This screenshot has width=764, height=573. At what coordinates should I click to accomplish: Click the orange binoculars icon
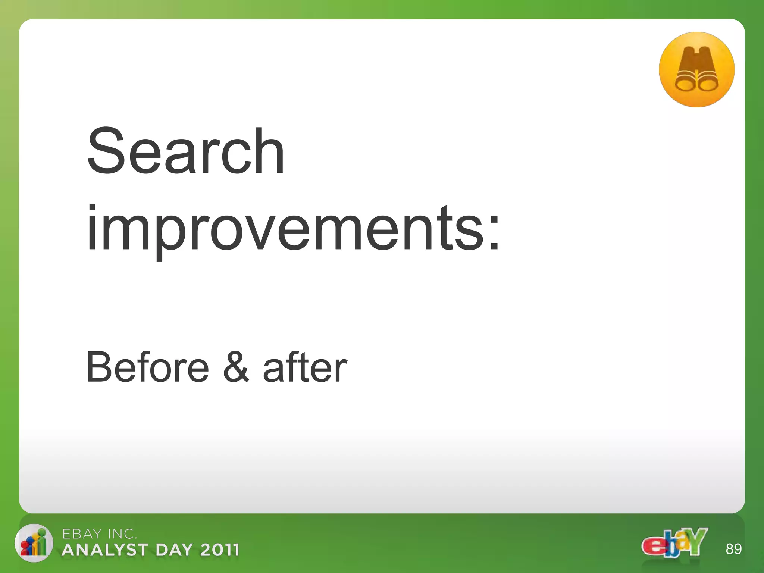(x=696, y=70)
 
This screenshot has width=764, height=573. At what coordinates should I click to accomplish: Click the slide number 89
(x=733, y=549)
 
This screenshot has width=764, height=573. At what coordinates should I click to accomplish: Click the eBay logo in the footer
(x=674, y=543)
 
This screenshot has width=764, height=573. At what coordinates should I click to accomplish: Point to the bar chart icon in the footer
(x=34, y=543)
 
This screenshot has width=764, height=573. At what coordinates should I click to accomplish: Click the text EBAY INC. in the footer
(x=99, y=534)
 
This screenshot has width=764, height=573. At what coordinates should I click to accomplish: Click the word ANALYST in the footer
(x=105, y=550)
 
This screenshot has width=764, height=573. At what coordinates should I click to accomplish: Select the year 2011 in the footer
(x=219, y=550)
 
